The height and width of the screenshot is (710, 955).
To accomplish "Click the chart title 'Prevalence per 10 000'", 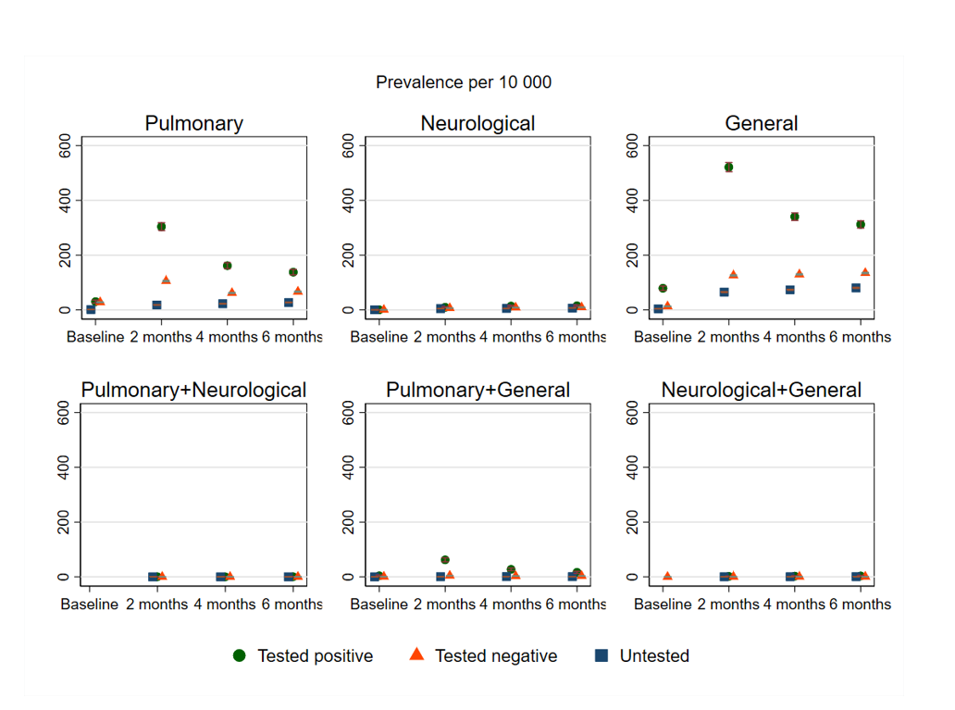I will click(x=463, y=82).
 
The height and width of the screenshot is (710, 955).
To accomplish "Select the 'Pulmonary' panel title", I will click(x=193, y=123).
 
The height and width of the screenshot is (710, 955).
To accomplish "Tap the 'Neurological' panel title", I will click(x=477, y=123).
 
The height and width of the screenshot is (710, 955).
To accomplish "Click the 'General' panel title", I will click(x=761, y=123).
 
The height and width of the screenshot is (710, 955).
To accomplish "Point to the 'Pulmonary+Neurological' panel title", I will click(x=193, y=390).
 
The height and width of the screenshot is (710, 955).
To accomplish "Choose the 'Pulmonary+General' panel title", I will click(x=477, y=390).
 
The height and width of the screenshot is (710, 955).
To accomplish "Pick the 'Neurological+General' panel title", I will click(x=761, y=390).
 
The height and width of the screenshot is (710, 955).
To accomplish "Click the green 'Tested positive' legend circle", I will click(x=240, y=655).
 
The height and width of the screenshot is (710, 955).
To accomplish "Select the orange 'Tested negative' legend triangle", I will click(x=416, y=654).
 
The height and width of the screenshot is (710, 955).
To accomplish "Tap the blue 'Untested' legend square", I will click(x=602, y=655).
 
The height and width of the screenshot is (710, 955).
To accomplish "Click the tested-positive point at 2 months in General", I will click(x=728, y=167).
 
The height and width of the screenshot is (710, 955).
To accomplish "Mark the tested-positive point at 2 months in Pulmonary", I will click(x=161, y=226).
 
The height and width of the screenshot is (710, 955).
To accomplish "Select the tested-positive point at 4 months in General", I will click(x=794, y=217).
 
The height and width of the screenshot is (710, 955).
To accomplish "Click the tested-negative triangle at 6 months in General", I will click(x=865, y=271).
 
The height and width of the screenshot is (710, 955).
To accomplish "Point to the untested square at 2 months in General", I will click(x=725, y=292).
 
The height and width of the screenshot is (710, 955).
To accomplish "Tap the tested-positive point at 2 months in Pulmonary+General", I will click(x=445, y=559).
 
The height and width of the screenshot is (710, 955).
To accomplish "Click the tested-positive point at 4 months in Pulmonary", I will click(x=227, y=266).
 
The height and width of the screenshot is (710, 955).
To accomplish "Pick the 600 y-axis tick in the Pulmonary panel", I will click(x=65, y=145).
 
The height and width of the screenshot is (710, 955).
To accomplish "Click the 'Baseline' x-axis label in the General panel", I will click(x=663, y=337).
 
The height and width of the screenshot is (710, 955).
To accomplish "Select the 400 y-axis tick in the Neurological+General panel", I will click(x=632, y=467).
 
